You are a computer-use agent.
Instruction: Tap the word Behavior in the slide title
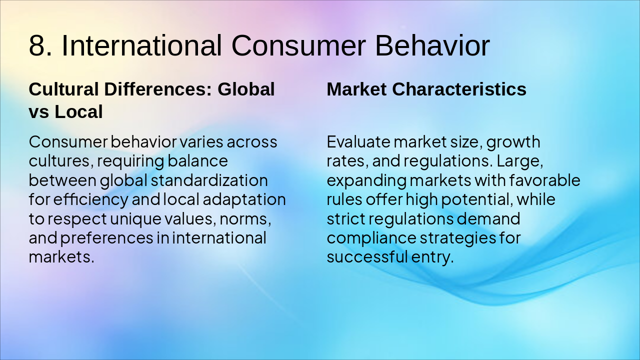pyautogui.click(x=432, y=45)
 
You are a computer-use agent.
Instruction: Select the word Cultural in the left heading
pyautogui.click(x=64, y=89)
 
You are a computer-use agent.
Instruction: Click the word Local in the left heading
pyautogui.click(x=78, y=111)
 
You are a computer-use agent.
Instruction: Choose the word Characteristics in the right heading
pyautogui.click(x=459, y=89)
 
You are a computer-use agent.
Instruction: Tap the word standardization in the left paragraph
pyautogui.click(x=209, y=180)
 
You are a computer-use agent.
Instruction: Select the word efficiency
pyautogui.click(x=90, y=199)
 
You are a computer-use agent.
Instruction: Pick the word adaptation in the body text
pyautogui.click(x=244, y=199)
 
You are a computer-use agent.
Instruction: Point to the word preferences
pyautogui.click(x=107, y=238)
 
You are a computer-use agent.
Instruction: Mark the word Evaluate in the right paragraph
pyautogui.click(x=358, y=142)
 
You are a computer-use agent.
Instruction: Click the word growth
pyautogui.click(x=513, y=142)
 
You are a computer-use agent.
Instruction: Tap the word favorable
pyautogui.click(x=544, y=180)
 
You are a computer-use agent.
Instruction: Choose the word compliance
pyautogui.click(x=371, y=238)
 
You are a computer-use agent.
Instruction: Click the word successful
pyautogui.click(x=367, y=257)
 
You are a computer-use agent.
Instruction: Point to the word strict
pyautogui.click(x=346, y=219)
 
